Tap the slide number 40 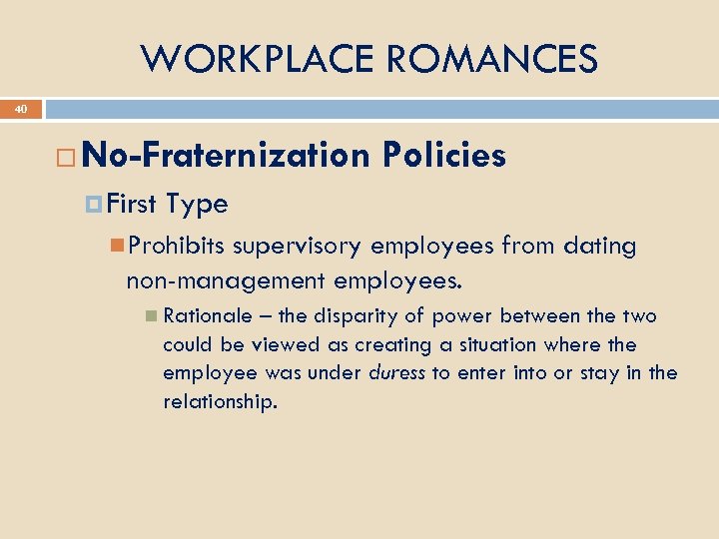[x=22, y=109]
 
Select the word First [x=132, y=205]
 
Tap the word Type [x=198, y=205]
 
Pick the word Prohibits [x=177, y=247]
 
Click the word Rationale [x=208, y=316]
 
